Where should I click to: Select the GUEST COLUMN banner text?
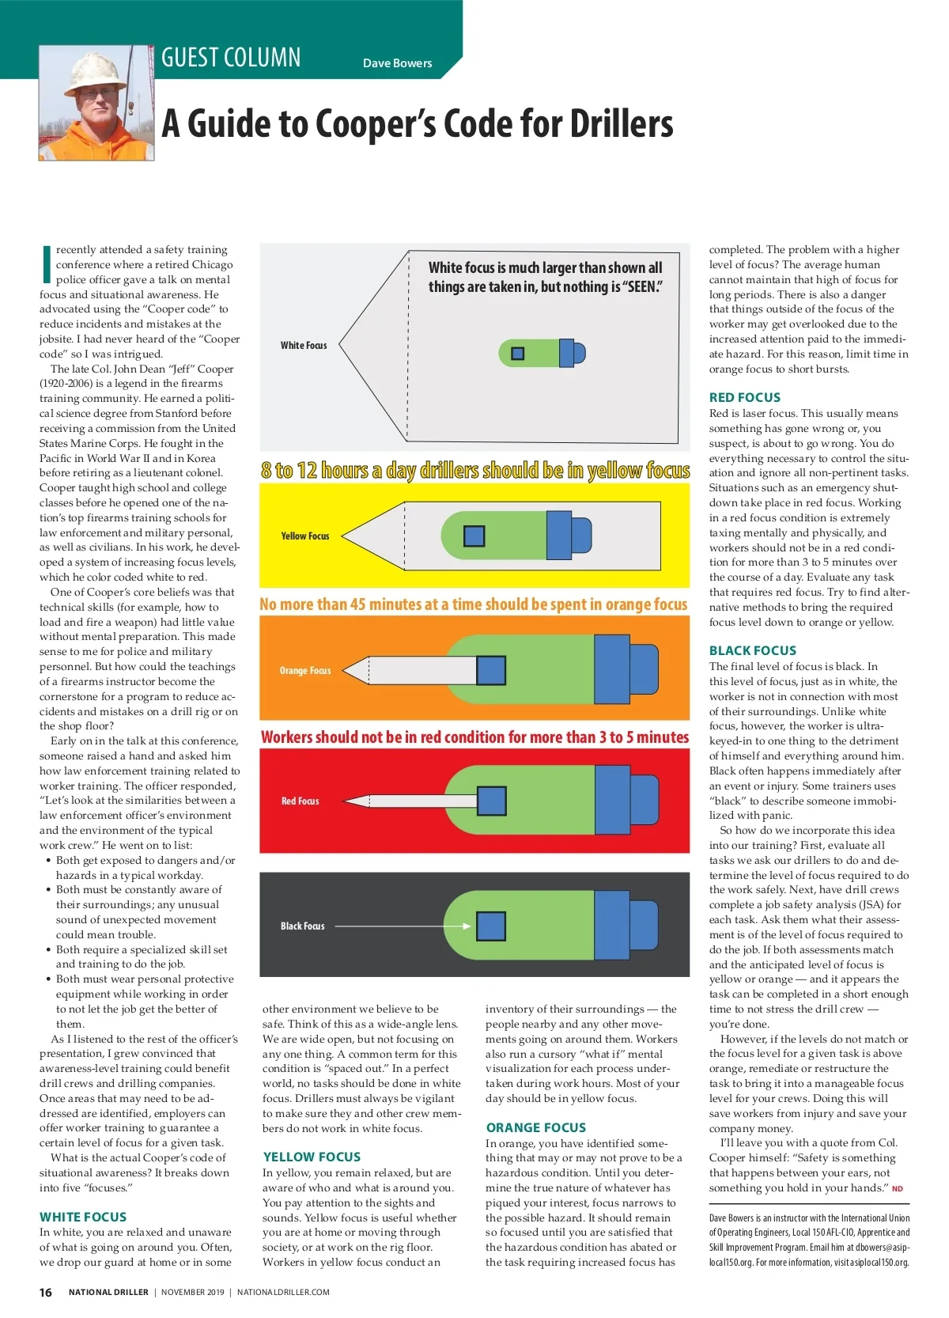(x=231, y=58)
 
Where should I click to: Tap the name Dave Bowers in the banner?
(x=397, y=63)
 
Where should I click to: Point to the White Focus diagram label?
(x=304, y=345)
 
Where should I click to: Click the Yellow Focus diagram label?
(x=305, y=536)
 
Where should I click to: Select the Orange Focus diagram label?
(x=305, y=670)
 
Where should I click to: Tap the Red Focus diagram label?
(x=301, y=801)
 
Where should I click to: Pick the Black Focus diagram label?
(x=303, y=926)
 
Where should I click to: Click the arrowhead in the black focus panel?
(x=467, y=926)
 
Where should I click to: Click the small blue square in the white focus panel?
(x=518, y=353)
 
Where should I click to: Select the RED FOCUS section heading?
(x=745, y=397)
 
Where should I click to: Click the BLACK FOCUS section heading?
(x=753, y=650)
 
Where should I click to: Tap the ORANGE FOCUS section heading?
(x=536, y=1127)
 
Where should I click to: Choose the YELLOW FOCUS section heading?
(x=312, y=1157)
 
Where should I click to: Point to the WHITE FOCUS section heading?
(x=83, y=1217)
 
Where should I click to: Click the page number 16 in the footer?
(x=46, y=1292)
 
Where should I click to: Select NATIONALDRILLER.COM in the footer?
(x=283, y=1292)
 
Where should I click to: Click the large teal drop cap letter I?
(x=46, y=264)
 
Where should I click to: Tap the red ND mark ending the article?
(x=897, y=1188)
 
